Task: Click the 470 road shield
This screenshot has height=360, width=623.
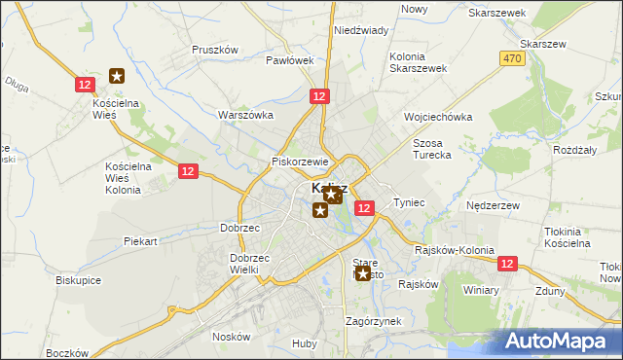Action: pos(513,59)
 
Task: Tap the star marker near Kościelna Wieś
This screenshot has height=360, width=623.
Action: pos(117,75)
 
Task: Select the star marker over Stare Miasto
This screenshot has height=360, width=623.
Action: pos(363,273)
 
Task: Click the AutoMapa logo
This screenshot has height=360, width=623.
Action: pos(561,342)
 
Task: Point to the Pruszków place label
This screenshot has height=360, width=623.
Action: pos(215,50)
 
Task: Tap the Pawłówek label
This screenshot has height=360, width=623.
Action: pos(290,60)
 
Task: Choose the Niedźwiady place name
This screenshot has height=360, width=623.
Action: pos(361,30)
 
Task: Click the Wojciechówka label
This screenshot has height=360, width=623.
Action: pos(438,117)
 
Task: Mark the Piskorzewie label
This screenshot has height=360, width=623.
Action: pos(302,162)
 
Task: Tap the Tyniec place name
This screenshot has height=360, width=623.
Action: pos(409,202)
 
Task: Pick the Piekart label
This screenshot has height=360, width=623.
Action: pos(140,240)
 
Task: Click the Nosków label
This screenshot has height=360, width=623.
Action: pos(232,337)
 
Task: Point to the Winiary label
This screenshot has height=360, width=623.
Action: pos(481,290)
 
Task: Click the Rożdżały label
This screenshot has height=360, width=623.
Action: pos(574,149)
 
